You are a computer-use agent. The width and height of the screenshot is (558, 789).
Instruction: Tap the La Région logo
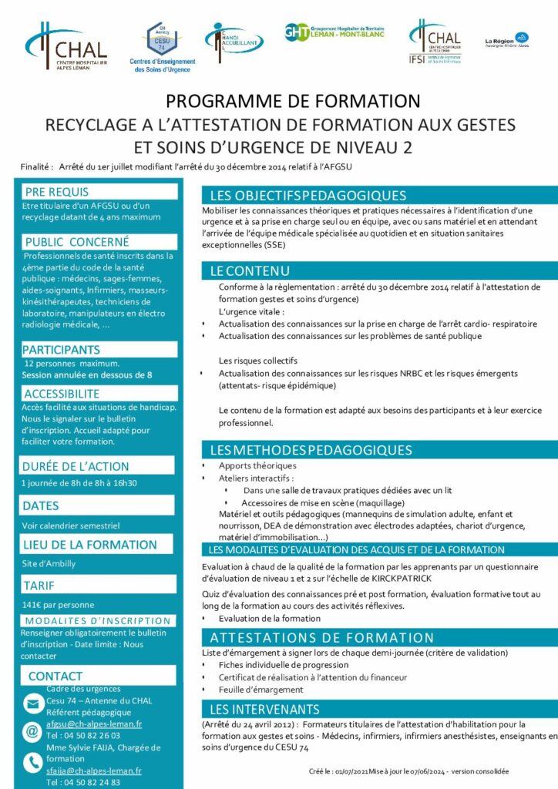point(506,39)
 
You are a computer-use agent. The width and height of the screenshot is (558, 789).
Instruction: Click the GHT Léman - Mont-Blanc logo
point(334,33)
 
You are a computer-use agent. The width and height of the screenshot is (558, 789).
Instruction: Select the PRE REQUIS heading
point(56,192)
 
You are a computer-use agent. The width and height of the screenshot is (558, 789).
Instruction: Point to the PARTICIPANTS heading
point(61,350)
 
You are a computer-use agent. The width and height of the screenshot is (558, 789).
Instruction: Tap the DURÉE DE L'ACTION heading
point(76,466)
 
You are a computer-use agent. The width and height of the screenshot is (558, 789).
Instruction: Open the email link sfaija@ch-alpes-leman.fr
point(94,771)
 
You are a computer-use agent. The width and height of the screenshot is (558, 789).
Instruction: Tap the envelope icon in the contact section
point(33,703)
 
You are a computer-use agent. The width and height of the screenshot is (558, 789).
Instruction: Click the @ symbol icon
point(33,730)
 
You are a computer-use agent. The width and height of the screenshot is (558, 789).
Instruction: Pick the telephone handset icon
point(33,762)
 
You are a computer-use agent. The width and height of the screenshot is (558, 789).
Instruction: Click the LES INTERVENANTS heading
point(264,709)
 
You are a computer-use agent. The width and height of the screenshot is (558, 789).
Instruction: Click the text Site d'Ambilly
point(49,563)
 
